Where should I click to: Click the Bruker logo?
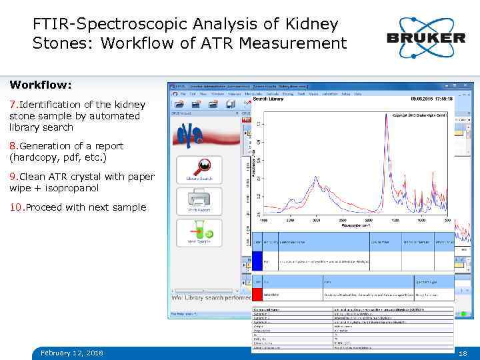[425, 37]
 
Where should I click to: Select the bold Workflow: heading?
[41, 86]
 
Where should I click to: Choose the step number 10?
[16, 207]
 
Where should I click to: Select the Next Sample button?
[199, 233]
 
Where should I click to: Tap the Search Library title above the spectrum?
[268, 99]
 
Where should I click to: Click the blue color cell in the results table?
[257, 260]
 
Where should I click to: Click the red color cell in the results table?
[257, 294]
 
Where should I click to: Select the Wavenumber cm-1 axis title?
[355, 225]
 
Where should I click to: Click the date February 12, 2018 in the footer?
[72, 352]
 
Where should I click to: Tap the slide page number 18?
[463, 352]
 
